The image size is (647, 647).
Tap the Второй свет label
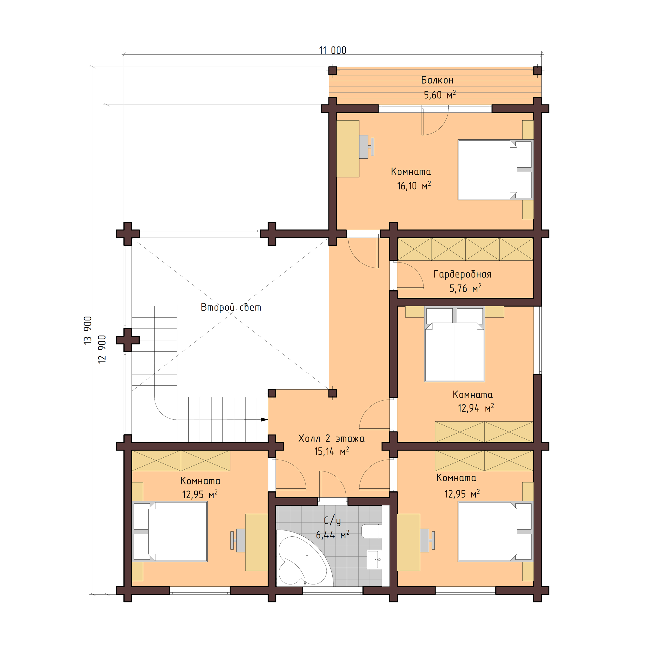[231, 307]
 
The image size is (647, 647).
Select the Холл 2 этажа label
[331, 438]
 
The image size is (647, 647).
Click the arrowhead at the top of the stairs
[264, 420]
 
